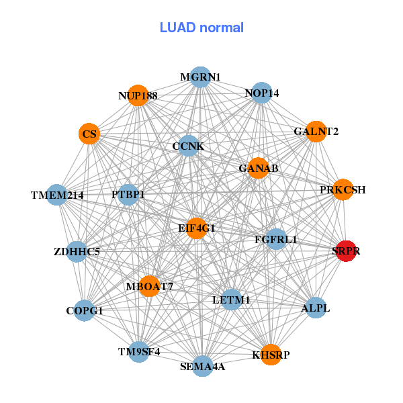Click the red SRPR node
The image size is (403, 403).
click(345, 251)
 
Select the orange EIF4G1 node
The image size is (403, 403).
click(196, 228)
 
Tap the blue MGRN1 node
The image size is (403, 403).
click(199, 77)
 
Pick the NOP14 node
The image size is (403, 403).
click(262, 93)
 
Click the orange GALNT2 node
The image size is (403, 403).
click(316, 132)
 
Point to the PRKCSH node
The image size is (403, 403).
click(343, 190)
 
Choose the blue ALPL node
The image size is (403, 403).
click(316, 308)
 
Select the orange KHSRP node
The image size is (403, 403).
click(271, 355)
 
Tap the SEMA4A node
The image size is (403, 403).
click(202, 366)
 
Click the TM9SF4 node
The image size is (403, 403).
click(139, 351)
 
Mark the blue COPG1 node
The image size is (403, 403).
click(85, 311)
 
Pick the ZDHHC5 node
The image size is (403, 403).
click(77, 253)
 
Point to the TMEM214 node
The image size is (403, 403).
click(57, 195)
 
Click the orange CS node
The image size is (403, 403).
click(89, 134)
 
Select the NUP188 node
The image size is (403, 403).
click(138, 96)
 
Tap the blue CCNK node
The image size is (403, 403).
click(188, 146)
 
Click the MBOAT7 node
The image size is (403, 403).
click(149, 287)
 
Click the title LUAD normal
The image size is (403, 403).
click(201, 28)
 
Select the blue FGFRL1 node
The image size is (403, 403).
click(276, 239)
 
